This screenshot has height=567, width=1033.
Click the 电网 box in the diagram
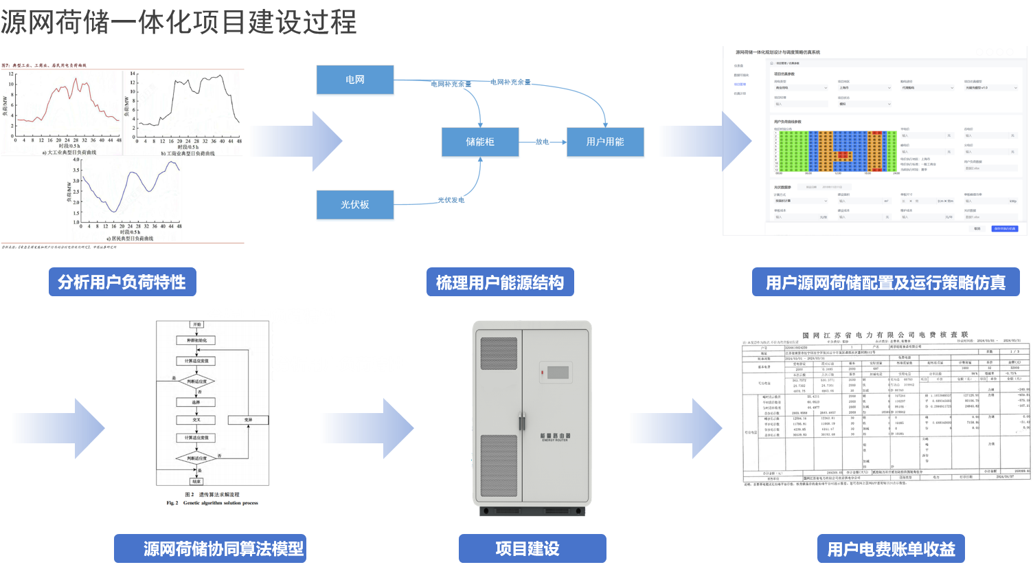[x=354, y=80]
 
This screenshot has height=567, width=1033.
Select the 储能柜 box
[x=479, y=142]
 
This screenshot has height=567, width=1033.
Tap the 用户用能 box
[x=604, y=142]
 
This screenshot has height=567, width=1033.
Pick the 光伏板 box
[x=354, y=205]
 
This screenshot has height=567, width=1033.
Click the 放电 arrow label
[x=543, y=142]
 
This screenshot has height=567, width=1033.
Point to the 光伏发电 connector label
[x=451, y=200]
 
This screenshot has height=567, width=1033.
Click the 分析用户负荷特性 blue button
[x=122, y=282]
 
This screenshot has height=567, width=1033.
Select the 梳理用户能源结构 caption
[x=500, y=282]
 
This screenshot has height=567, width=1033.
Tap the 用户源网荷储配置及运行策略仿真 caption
[x=885, y=282]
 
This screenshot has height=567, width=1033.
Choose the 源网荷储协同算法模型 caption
[x=223, y=548]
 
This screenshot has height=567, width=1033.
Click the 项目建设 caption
[x=527, y=548]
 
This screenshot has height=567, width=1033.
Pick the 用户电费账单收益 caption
[x=891, y=549]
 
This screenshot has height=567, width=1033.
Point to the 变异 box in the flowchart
[x=248, y=419]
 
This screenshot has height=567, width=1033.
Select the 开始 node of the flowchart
[x=197, y=324]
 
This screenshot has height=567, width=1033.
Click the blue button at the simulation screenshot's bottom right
[x=1003, y=228]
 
